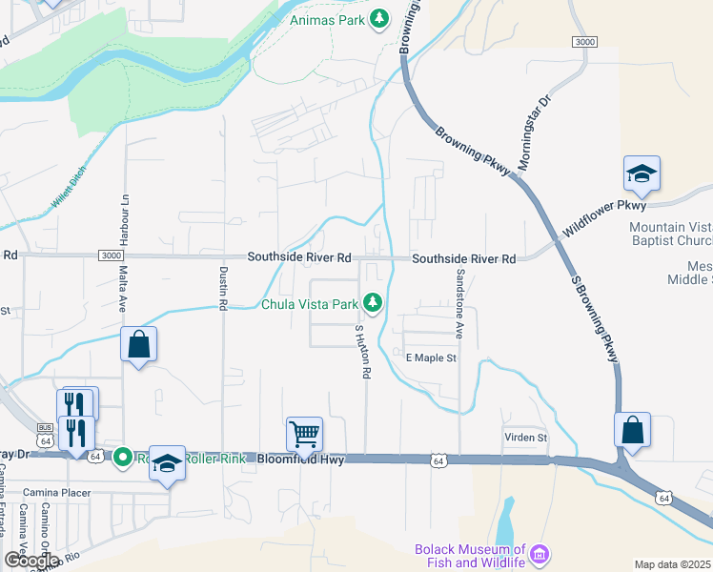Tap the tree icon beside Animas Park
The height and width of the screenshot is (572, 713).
379,18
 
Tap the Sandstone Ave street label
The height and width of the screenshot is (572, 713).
459,303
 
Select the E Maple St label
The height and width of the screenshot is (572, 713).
432,358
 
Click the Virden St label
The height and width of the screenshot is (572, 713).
526,437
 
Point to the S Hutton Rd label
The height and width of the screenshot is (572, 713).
362,352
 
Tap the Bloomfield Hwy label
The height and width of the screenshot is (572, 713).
301,460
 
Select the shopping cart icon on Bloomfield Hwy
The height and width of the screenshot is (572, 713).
304,434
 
